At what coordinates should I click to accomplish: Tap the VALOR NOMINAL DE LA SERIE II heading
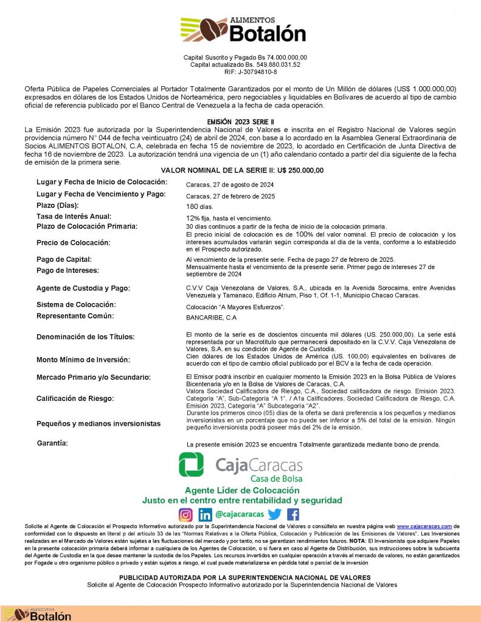point(241,171)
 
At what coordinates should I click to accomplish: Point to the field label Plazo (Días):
point(60,206)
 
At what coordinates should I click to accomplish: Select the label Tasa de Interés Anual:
point(75,216)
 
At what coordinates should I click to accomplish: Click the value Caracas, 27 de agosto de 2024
point(230,185)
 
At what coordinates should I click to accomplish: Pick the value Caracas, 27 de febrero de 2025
point(230,196)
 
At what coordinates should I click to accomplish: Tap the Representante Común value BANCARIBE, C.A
point(211,318)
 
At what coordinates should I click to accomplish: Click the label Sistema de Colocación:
point(76,304)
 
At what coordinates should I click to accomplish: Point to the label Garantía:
point(52,443)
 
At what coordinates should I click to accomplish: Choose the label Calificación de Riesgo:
point(75,398)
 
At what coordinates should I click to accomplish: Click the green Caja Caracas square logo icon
point(191,465)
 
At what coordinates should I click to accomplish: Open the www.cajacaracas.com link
point(425,527)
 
